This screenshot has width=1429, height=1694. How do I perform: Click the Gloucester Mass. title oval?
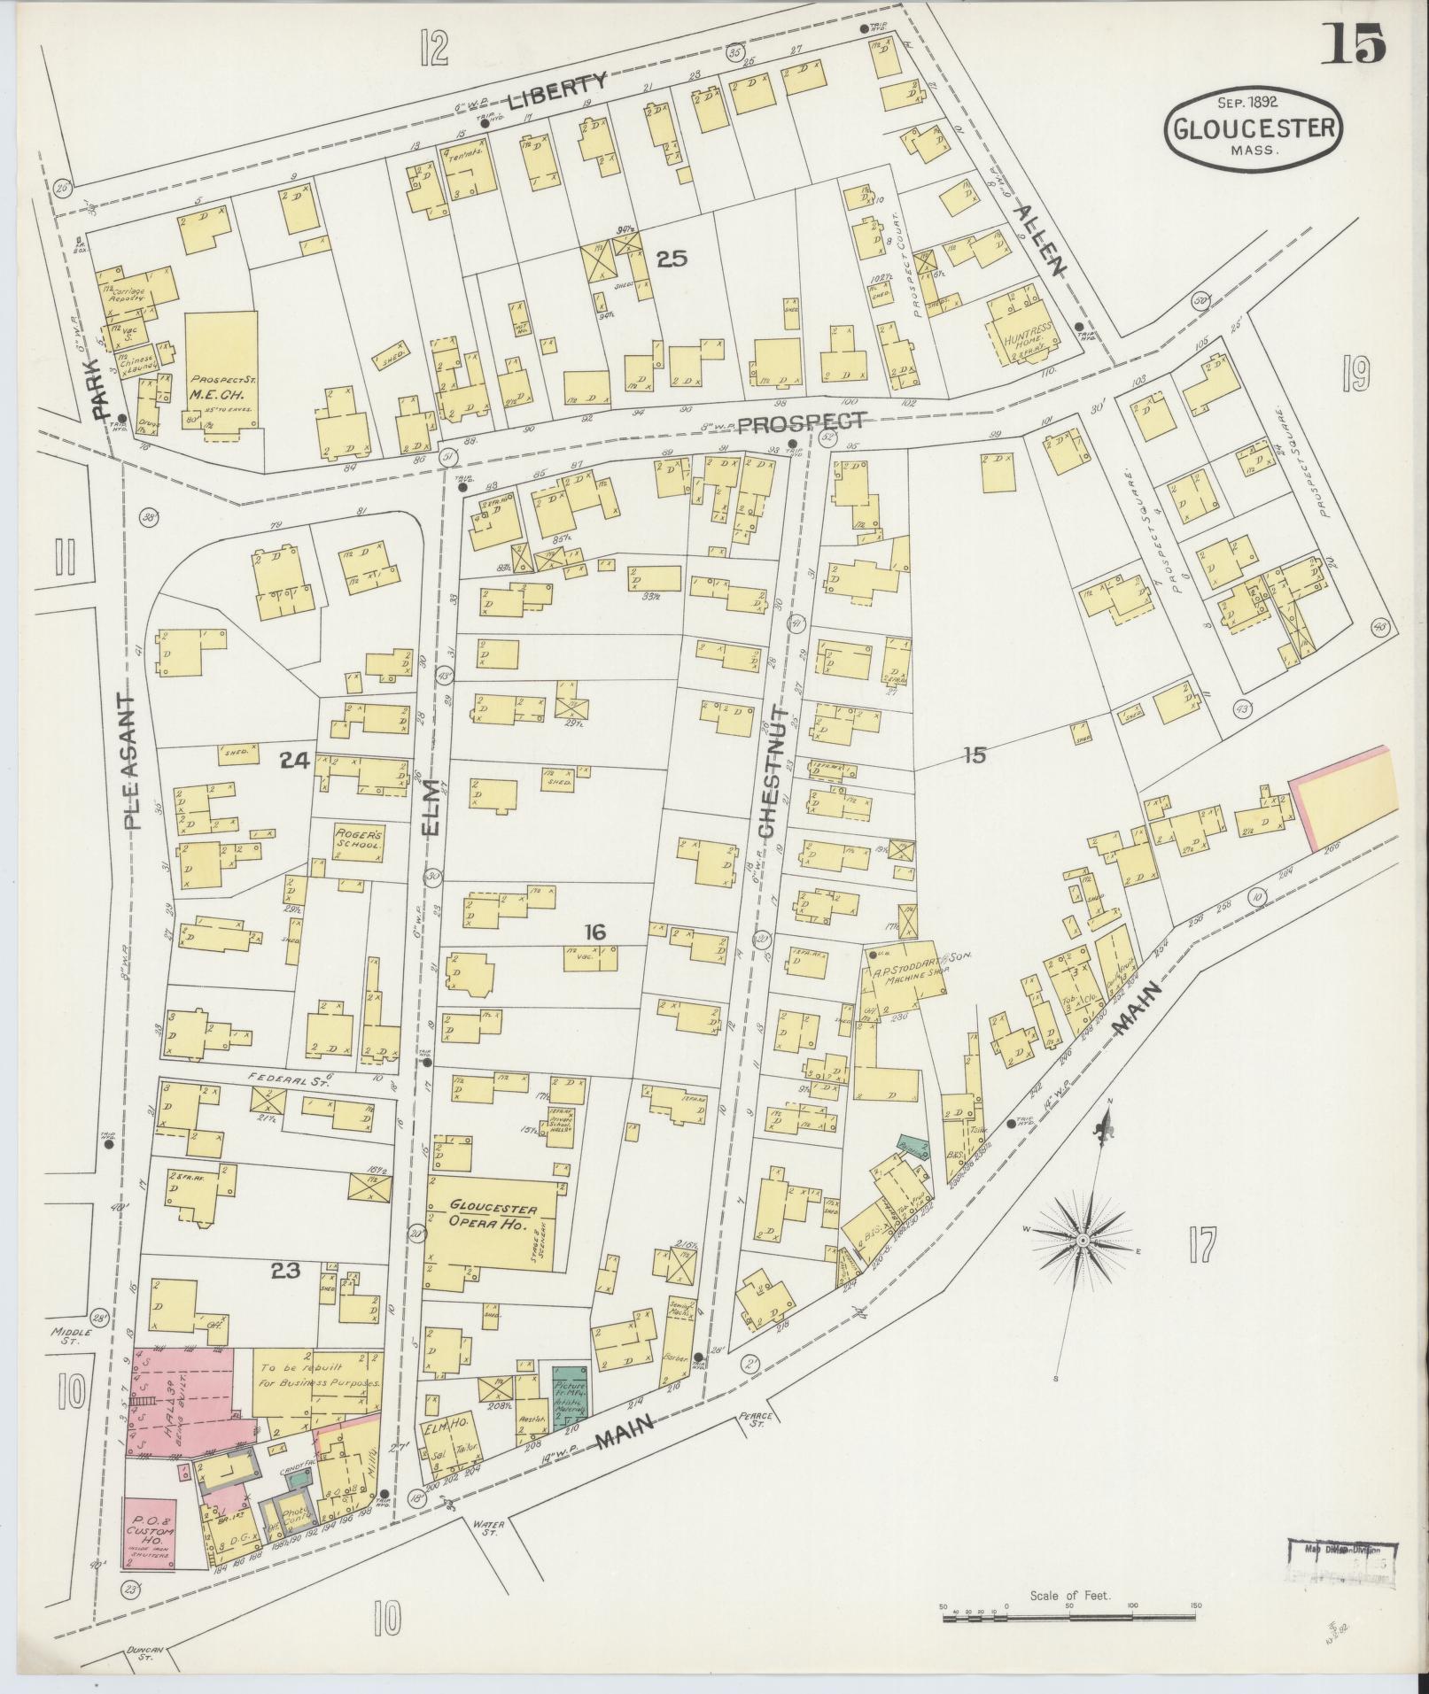pyautogui.click(x=1254, y=130)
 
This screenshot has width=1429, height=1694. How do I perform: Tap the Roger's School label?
pyautogui.click(x=358, y=839)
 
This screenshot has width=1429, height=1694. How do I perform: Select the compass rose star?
pyautogui.click(x=1082, y=1241)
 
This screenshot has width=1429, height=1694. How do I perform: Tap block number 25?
pyautogui.click(x=672, y=259)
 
